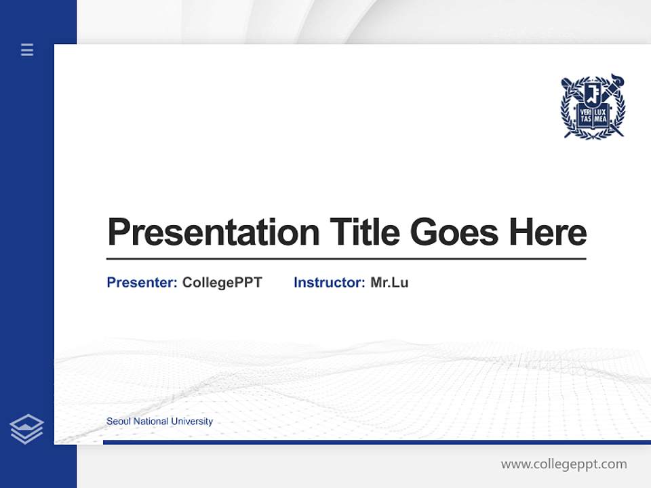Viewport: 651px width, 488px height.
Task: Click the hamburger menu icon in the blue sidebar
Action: click(27, 49)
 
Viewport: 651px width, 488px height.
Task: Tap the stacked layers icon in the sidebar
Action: click(26, 429)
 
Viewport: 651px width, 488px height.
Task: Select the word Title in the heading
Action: click(364, 232)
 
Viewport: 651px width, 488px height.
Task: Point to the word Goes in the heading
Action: click(455, 232)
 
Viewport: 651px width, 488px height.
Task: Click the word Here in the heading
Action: click(548, 232)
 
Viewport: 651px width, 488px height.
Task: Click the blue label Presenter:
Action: click(142, 283)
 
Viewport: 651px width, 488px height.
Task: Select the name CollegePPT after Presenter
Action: click(222, 283)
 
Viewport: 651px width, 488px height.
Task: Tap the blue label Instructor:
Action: click(329, 283)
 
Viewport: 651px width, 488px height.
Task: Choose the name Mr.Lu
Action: click(389, 283)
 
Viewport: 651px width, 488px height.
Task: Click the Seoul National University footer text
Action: click(159, 422)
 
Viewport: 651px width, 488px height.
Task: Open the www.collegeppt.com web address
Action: click(564, 464)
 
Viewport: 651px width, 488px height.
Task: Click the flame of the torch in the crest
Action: click(616, 79)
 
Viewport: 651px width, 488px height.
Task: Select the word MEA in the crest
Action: click(600, 118)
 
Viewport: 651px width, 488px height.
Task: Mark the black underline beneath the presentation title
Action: click(346, 259)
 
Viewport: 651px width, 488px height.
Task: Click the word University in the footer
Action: click(192, 422)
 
